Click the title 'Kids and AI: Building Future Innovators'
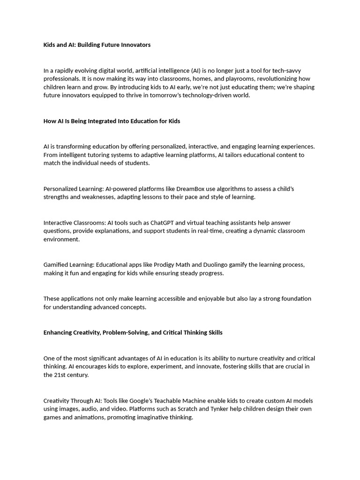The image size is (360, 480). pyautogui.click(x=97, y=45)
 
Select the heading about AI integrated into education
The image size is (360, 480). pyautogui.click(x=112, y=121)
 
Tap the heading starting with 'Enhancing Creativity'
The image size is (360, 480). pyautogui.click(x=133, y=332)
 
